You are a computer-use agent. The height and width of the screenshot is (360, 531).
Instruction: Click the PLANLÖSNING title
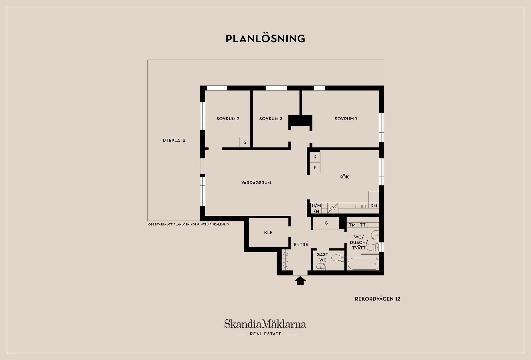coord(265,38)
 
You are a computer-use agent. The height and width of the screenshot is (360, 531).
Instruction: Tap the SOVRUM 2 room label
coord(228,119)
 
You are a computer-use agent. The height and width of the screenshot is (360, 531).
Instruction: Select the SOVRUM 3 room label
coord(271,119)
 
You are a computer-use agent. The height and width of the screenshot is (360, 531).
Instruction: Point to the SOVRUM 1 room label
coord(346,119)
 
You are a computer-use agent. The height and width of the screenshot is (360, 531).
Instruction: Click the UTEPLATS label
coord(174,140)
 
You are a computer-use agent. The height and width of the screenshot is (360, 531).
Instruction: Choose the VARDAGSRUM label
coord(256,182)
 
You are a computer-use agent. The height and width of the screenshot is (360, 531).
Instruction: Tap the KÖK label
coord(344,177)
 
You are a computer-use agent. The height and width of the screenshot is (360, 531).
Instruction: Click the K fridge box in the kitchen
coord(315,157)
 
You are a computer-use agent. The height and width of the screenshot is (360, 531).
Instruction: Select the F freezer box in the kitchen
coord(315,168)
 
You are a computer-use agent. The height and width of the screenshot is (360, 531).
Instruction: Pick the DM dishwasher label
coord(374,206)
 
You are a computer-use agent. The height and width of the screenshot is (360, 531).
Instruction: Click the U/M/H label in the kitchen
coord(316,208)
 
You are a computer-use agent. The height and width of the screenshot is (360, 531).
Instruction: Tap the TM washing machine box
coord(352,225)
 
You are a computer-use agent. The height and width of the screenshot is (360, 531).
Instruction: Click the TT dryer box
coord(363,225)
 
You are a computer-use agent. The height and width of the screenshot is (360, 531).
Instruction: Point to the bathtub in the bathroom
coord(363,264)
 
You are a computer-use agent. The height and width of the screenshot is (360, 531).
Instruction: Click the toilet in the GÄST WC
coord(338,258)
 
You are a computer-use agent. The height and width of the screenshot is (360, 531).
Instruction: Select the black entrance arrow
coord(300,281)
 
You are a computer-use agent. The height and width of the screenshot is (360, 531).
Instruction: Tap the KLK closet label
coord(268,233)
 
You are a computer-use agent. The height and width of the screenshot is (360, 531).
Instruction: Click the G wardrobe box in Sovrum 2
coord(245,142)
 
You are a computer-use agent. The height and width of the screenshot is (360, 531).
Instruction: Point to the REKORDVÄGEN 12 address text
coord(378,299)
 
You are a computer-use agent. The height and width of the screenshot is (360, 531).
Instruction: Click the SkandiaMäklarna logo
coord(265,327)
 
